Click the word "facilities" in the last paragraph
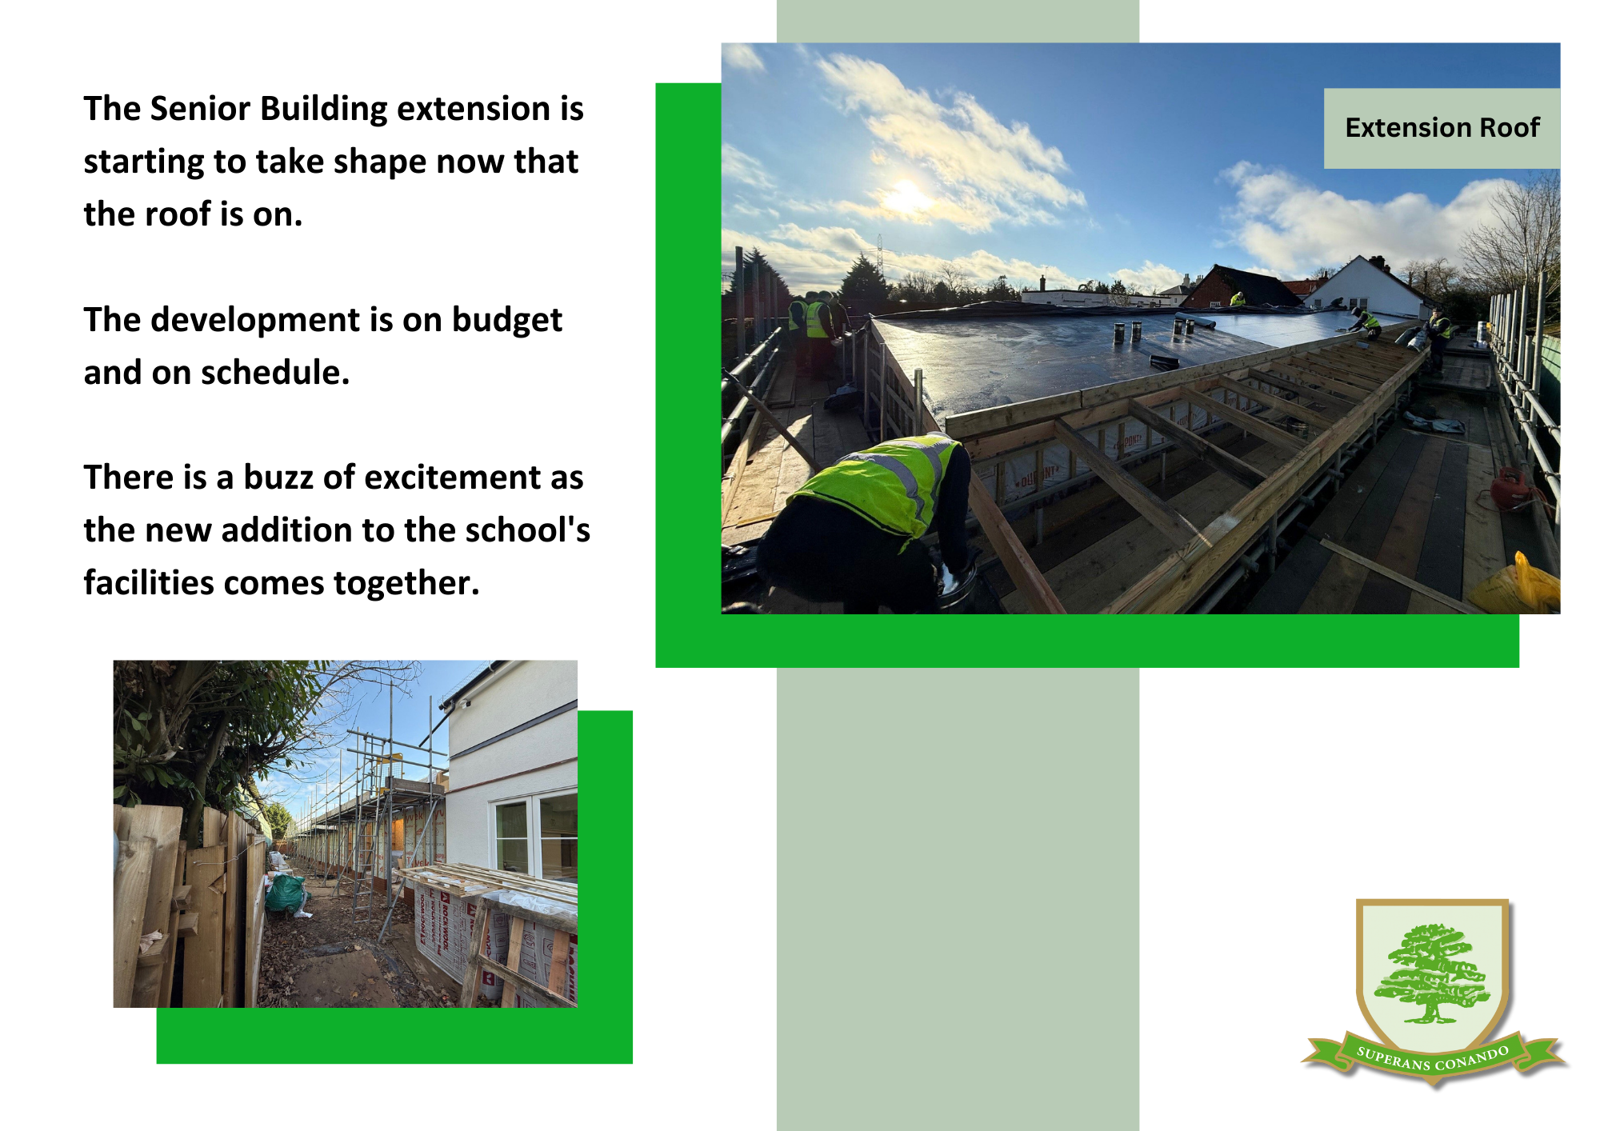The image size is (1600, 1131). pos(149,583)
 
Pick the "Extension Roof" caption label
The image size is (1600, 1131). pos(1442,128)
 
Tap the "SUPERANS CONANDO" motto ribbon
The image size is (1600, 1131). pos(1433,1057)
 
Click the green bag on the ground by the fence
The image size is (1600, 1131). pos(286,893)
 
